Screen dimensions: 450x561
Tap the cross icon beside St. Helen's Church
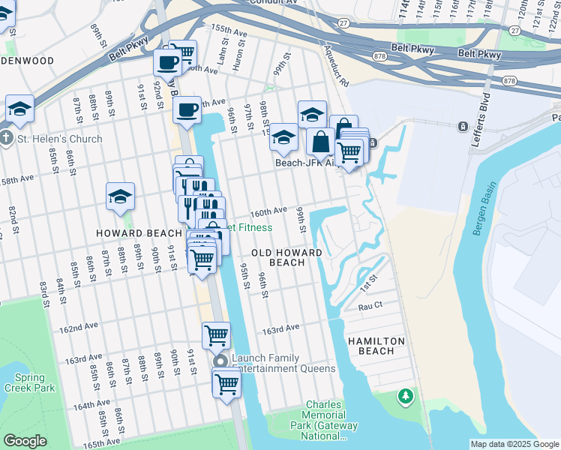tap(6, 139)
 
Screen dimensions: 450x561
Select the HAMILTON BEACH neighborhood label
tap(376, 346)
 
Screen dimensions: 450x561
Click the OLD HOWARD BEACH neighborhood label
tap(286, 258)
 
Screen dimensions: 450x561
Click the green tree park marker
tap(405, 394)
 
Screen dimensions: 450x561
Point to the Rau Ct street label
tap(370, 306)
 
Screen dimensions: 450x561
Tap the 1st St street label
tap(368, 284)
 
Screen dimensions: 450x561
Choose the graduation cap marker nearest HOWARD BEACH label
tap(120, 196)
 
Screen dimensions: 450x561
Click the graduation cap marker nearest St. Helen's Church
tap(20, 109)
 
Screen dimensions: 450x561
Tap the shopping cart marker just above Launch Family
tap(216, 335)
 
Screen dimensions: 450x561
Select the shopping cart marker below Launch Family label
tap(226, 384)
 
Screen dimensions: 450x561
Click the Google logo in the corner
tap(25, 441)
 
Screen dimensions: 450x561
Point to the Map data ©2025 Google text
tap(514, 444)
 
